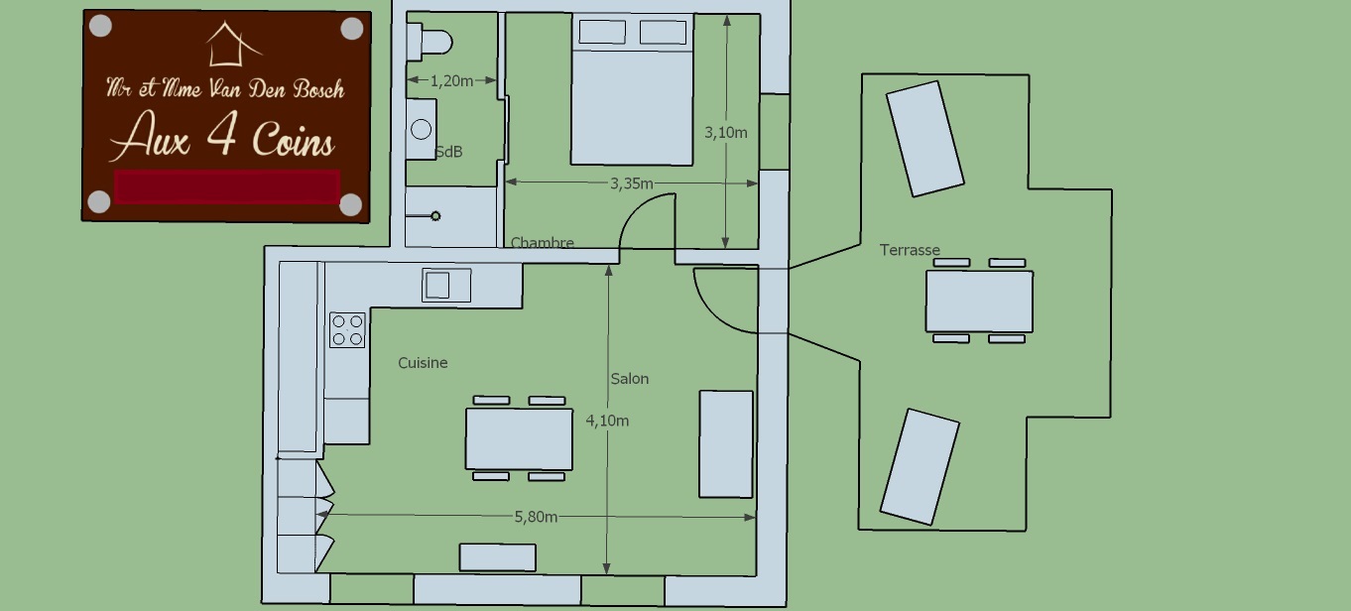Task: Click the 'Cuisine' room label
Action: pyautogui.click(x=423, y=362)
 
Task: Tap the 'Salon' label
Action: pyautogui.click(x=630, y=379)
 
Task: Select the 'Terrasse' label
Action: pyautogui.click(x=910, y=250)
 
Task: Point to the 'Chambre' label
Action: pyautogui.click(x=543, y=242)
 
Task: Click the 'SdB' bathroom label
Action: pyautogui.click(x=448, y=152)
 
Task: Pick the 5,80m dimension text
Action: pyautogui.click(x=536, y=517)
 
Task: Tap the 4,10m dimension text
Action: pyautogui.click(x=607, y=421)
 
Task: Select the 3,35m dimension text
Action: pyautogui.click(x=632, y=183)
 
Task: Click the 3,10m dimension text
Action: pyautogui.click(x=725, y=132)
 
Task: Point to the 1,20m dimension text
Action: pyautogui.click(x=451, y=80)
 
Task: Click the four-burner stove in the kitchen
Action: pyautogui.click(x=347, y=330)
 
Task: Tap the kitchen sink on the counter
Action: pyautogui.click(x=446, y=285)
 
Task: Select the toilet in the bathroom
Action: pyautogui.click(x=430, y=43)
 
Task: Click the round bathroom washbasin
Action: pyautogui.click(x=421, y=129)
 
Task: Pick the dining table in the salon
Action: pyautogui.click(x=520, y=439)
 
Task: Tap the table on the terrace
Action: pyautogui.click(x=979, y=302)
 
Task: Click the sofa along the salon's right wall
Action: pyautogui.click(x=726, y=444)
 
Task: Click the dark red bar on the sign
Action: pyautogui.click(x=227, y=186)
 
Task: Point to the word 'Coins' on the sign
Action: pyautogui.click(x=294, y=140)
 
